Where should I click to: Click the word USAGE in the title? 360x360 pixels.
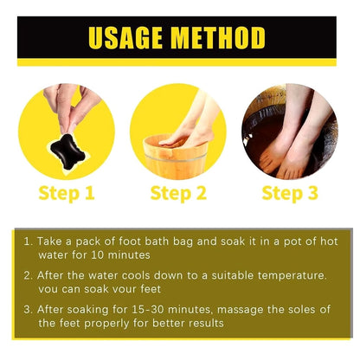click(125, 38)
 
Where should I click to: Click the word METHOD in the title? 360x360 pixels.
click(218, 38)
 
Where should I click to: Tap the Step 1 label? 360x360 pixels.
click(67, 193)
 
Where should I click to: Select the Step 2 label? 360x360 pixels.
click(178, 193)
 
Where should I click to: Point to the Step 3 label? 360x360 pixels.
click(290, 193)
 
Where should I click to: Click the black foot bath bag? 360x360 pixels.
click(67, 151)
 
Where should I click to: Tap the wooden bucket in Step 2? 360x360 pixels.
click(175, 158)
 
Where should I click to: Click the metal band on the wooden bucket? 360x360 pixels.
click(175, 157)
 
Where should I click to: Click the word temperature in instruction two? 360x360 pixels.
click(292, 276)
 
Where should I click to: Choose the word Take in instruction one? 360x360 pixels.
click(49, 241)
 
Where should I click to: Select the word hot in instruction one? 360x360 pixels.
click(329, 241)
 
